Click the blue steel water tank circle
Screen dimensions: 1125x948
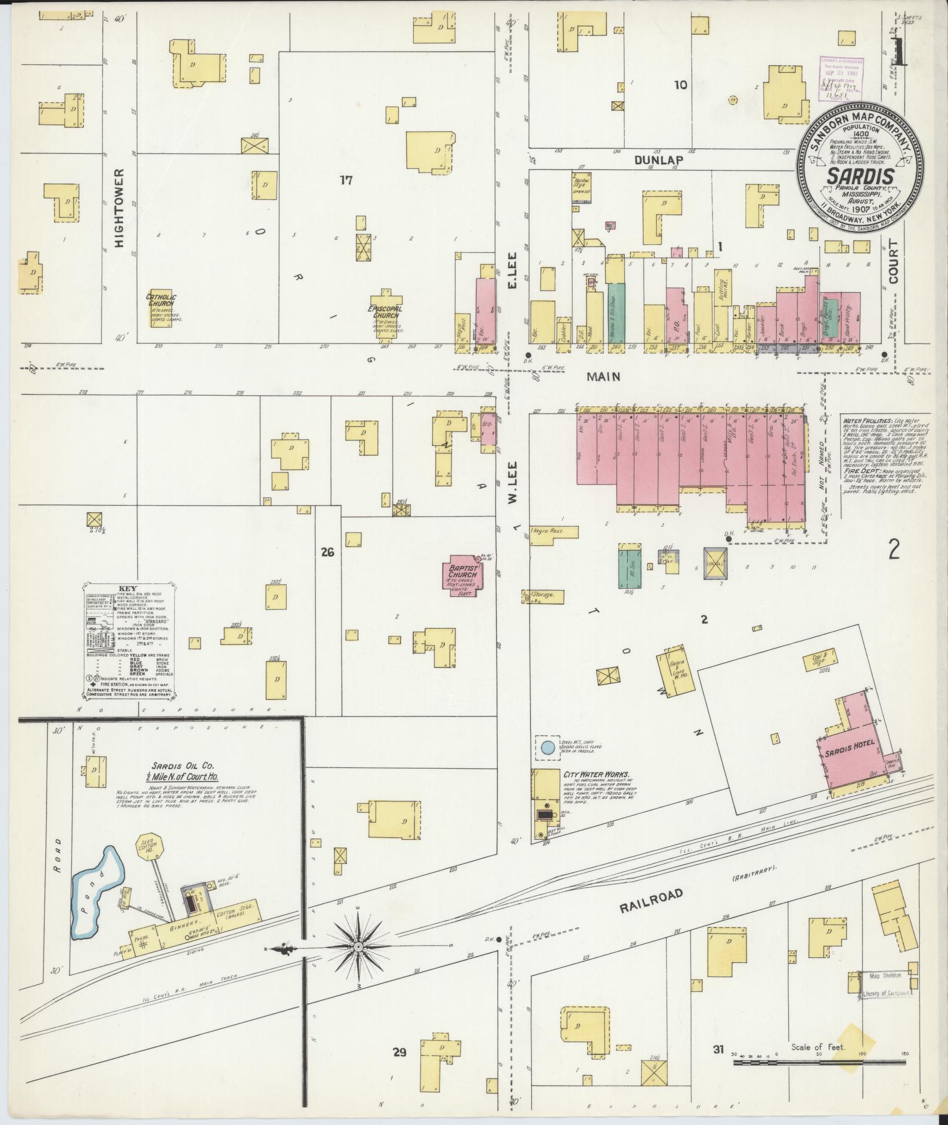(547, 748)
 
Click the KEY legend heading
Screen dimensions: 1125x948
(128, 588)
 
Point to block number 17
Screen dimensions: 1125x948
(346, 181)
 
